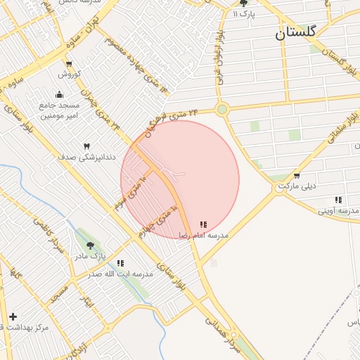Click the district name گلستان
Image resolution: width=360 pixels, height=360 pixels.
[x=296, y=32]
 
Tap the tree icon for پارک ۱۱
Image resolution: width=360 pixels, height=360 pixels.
[x=243, y=4]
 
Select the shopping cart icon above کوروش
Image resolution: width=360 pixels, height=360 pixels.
[x=68, y=64]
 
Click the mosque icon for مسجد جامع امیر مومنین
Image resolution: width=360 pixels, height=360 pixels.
[x=59, y=95]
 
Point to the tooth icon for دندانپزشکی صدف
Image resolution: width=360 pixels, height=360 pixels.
[x=87, y=146]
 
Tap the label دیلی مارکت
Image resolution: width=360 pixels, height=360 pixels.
[x=297, y=186]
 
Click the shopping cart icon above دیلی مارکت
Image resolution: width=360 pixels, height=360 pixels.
[x=297, y=176]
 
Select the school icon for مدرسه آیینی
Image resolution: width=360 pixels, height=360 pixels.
[x=338, y=200]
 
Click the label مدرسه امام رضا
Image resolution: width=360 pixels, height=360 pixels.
[x=204, y=235]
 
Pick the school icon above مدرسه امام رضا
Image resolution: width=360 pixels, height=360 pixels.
[x=203, y=225]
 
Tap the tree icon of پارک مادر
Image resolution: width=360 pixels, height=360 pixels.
[x=90, y=245]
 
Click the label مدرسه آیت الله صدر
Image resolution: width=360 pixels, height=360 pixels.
[x=120, y=274]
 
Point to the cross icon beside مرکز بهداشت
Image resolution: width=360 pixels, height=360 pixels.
[x=12, y=316]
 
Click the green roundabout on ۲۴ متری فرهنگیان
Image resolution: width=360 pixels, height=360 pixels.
[x=222, y=109]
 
